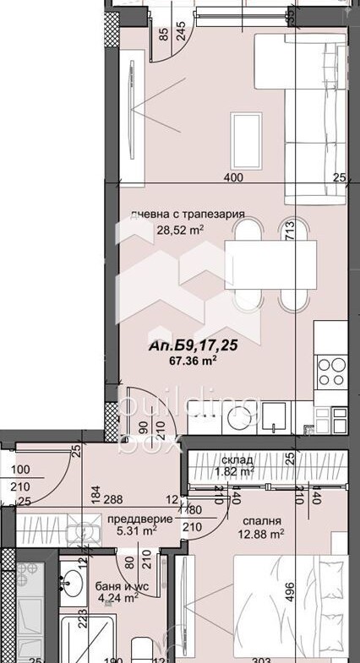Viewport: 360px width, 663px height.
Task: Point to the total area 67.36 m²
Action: click(x=194, y=360)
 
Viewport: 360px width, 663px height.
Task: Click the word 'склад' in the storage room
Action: click(x=239, y=460)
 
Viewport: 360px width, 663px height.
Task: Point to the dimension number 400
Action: click(x=233, y=178)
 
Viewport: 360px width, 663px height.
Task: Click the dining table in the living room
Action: click(x=270, y=265)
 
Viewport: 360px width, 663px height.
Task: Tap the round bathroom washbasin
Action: click(x=72, y=582)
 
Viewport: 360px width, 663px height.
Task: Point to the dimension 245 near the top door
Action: click(x=179, y=32)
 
